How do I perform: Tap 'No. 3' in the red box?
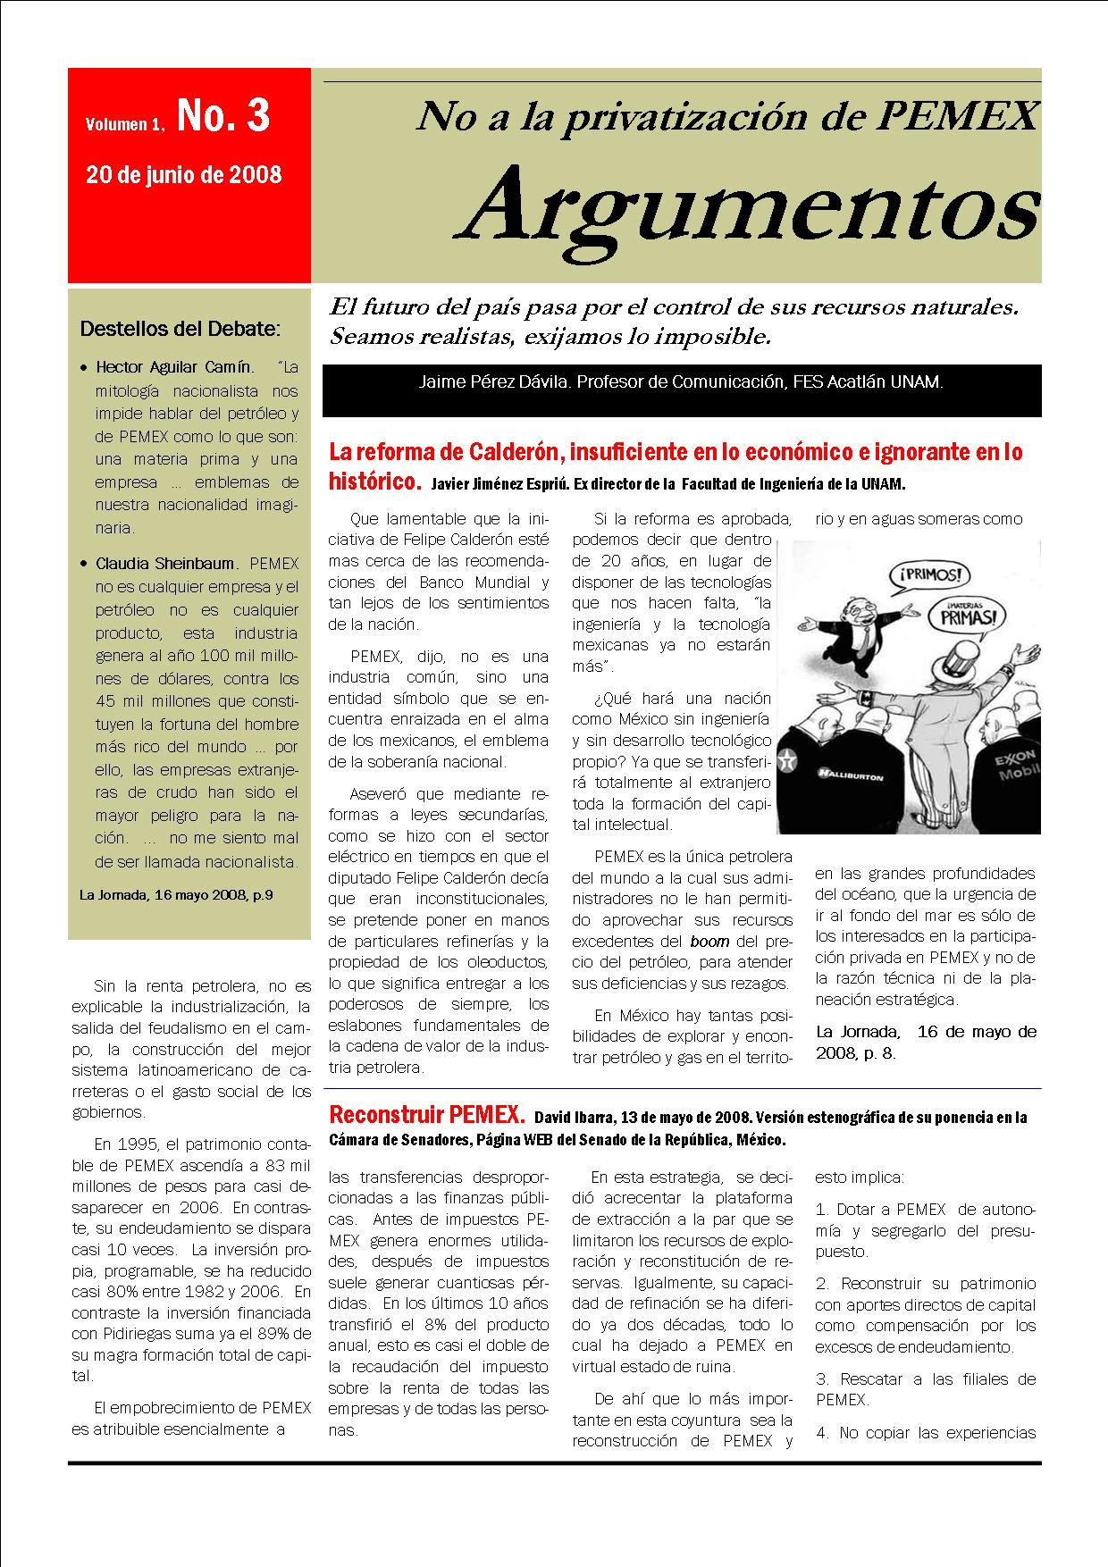pos(223,116)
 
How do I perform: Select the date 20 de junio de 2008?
pos(183,173)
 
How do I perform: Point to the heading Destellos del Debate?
pos(180,328)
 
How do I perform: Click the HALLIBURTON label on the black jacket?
pos(849,775)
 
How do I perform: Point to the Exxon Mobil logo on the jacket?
pos(1014,767)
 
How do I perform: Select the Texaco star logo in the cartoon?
pos(788,763)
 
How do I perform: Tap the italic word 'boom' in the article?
pos(709,941)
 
